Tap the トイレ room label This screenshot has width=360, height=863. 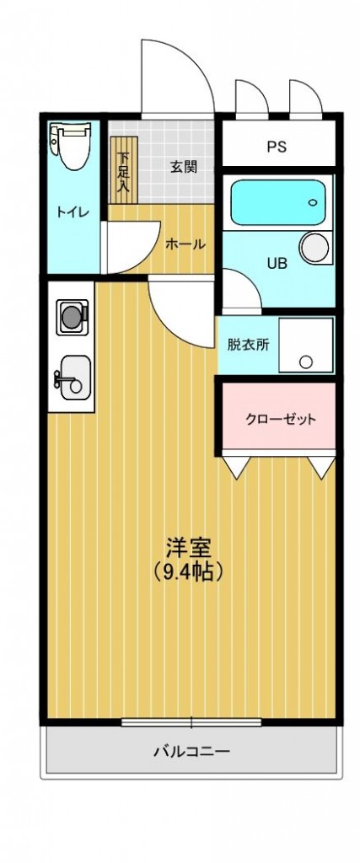coord(73,213)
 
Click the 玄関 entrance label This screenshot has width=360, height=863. coord(183,167)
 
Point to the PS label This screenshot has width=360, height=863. coord(277,147)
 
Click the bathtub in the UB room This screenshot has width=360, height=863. coord(277,202)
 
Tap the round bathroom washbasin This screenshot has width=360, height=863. coord(315,248)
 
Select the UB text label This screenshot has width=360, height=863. coord(277,264)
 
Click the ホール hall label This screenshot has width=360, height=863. coord(185,244)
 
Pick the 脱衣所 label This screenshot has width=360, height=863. coord(249,345)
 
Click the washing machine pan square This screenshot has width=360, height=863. coord(305,345)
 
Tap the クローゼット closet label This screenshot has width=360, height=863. coord(281,420)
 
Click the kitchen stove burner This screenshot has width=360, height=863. coord(73,317)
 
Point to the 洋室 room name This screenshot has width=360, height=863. coord(189,548)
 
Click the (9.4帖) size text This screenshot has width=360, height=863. coord(189,573)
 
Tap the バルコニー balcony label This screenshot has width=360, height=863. coord(191,751)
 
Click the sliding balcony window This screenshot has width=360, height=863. coord(191,721)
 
